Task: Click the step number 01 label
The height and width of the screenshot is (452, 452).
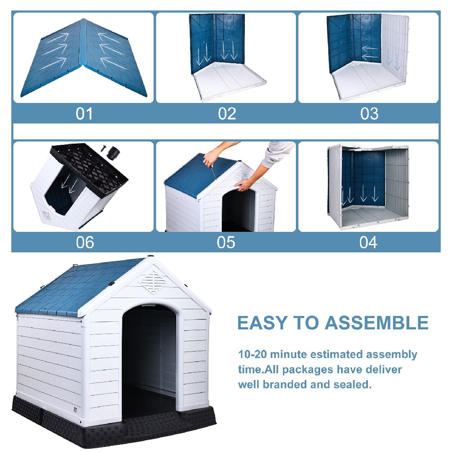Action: (x=84, y=114)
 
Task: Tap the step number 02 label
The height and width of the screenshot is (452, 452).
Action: (x=227, y=114)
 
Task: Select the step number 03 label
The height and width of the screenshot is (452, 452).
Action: (x=369, y=114)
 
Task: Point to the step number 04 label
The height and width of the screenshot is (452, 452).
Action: (x=368, y=242)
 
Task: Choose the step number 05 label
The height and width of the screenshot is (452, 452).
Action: (x=226, y=242)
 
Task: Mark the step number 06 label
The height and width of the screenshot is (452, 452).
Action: (x=85, y=242)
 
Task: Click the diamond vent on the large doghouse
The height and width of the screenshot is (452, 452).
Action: (x=153, y=282)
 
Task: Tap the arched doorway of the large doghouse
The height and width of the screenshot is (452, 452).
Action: (x=149, y=356)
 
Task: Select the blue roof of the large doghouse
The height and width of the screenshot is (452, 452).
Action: (x=75, y=289)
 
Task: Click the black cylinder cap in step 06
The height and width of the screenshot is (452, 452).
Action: (x=112, y=153)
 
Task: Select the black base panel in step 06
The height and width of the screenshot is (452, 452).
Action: (x=90, y=167)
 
